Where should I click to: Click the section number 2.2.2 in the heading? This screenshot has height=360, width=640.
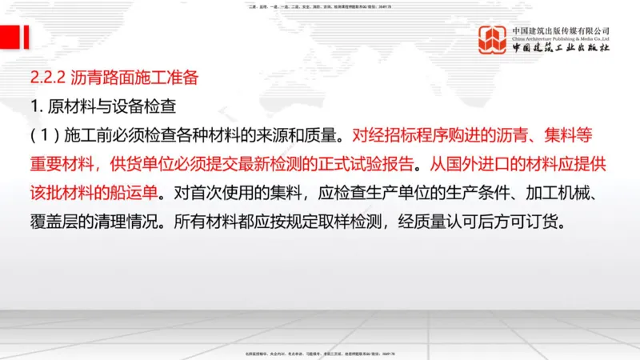[x=46, y=78]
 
